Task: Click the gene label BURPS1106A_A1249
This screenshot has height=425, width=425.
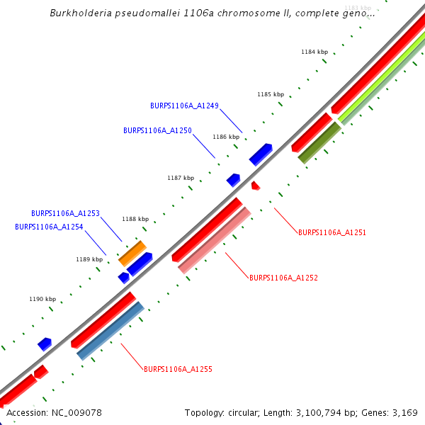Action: pyautogui.click(x=184, y=106)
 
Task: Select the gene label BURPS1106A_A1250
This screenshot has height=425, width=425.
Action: pyautogui.click(x=157, y=130)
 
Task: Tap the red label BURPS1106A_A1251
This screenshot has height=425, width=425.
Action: pyautogui.click(x=332, y=232)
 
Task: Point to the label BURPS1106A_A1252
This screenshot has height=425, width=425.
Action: pyautogui.click(x=283, y=278)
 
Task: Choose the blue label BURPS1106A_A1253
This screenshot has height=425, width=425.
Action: pyautogui.click(x=65, y=213)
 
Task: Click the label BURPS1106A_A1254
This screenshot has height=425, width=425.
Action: pyautogui.click(x=49, y=227)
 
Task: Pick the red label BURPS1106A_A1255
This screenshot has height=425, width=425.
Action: pyautogui.click(x=178, y=369)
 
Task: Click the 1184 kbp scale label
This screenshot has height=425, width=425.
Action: pyautogui.click(x=314, y=52)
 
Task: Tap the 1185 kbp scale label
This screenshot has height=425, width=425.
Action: pyautogui.click(x=270, y=94)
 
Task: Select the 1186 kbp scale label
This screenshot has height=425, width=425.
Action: pyautogui.click(x=225, y=137)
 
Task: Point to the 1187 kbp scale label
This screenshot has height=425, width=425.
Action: pyautogui.click(x=180, y=178)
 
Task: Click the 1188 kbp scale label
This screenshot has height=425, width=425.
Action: pyautogui.click(x=135, y=220)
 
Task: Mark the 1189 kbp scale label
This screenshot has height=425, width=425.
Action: pyautogui.click(x=89, y=259)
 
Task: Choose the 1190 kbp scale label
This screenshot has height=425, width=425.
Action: pyautogui.click(x=42, y=299)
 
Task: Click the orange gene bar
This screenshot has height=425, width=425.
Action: pyautogui.click(x=132, y=253)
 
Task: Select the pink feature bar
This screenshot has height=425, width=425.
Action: pyautogui.click(x=215, y=240)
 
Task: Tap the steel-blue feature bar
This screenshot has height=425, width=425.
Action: pyautogui.click(x=110, y=331)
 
